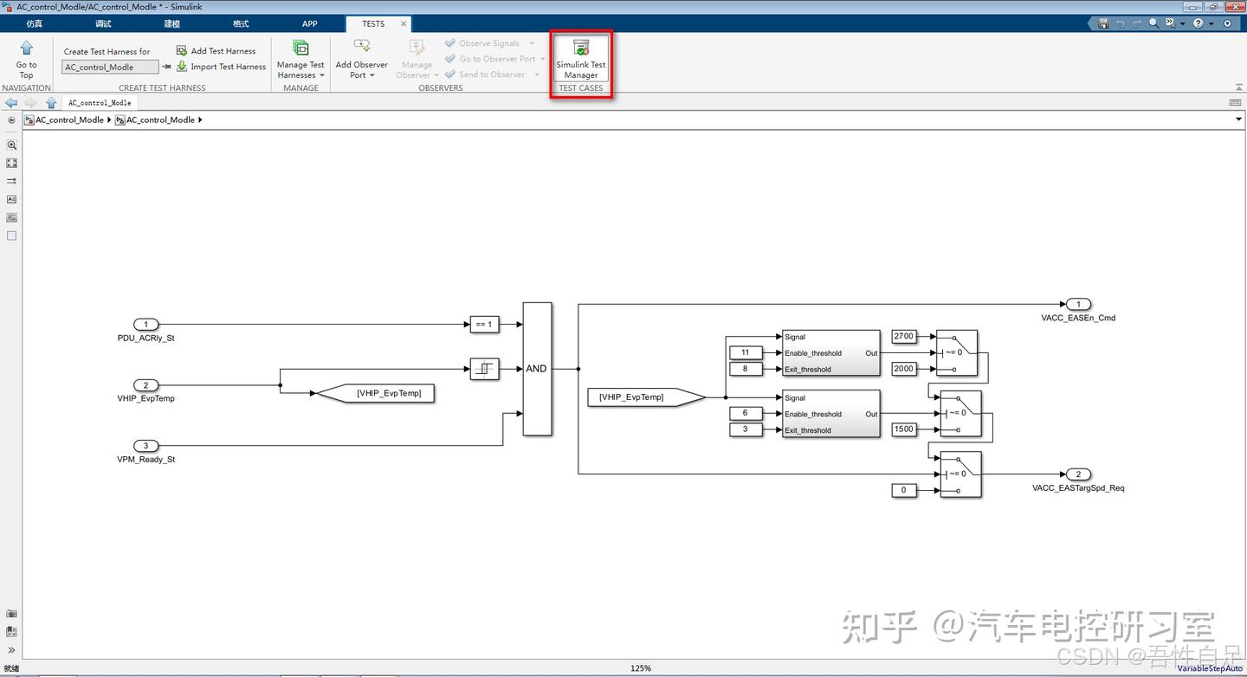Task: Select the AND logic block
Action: click(x=537, y=369)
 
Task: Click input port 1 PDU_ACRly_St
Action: click(x=145, y=325)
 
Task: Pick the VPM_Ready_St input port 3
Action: click(x=145, y=446)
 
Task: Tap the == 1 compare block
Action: click(x=483, y=325)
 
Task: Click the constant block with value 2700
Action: click(x=903, y=336)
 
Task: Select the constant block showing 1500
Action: click(x=903, y=429)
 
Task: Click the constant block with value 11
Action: click(x=746, y=352)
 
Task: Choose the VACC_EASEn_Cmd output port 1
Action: click(x=1077, y=304)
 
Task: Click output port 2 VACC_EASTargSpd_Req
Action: click(x=1077, y=474)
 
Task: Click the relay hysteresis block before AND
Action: click(x=484, y=369)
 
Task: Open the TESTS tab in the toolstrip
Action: click(x=373, y=23)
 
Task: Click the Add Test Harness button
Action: click(x=216, y=51)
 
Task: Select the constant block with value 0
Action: click(x=903, y=490)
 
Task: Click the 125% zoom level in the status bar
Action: click(x=640, y=668)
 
